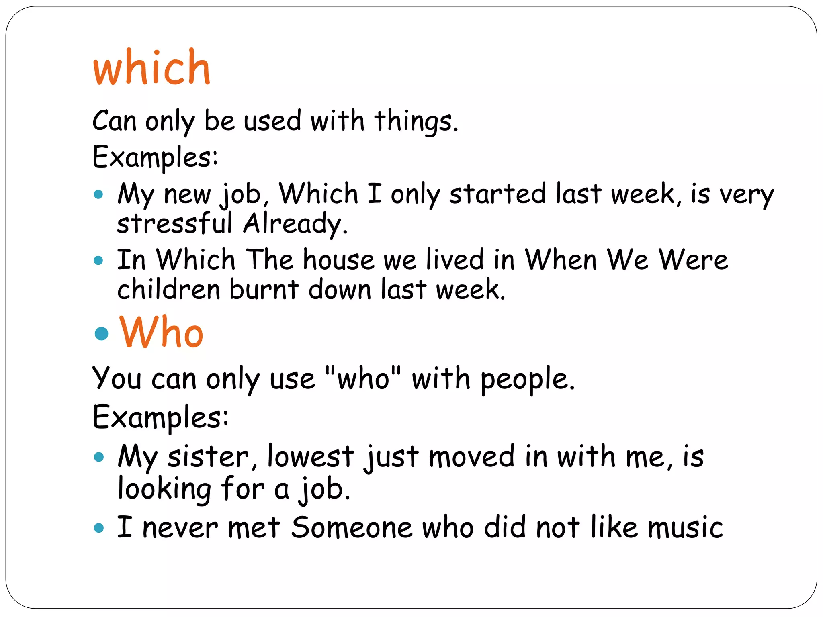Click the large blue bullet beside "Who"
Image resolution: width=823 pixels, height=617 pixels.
101,333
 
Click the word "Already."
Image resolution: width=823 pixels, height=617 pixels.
295,224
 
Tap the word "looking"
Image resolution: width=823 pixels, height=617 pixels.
164,489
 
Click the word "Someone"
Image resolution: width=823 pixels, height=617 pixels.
352,527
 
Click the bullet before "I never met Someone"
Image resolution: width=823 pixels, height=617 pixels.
98,527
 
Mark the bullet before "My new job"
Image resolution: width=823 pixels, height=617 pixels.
98,195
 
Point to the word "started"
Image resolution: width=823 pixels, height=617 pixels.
497,194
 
